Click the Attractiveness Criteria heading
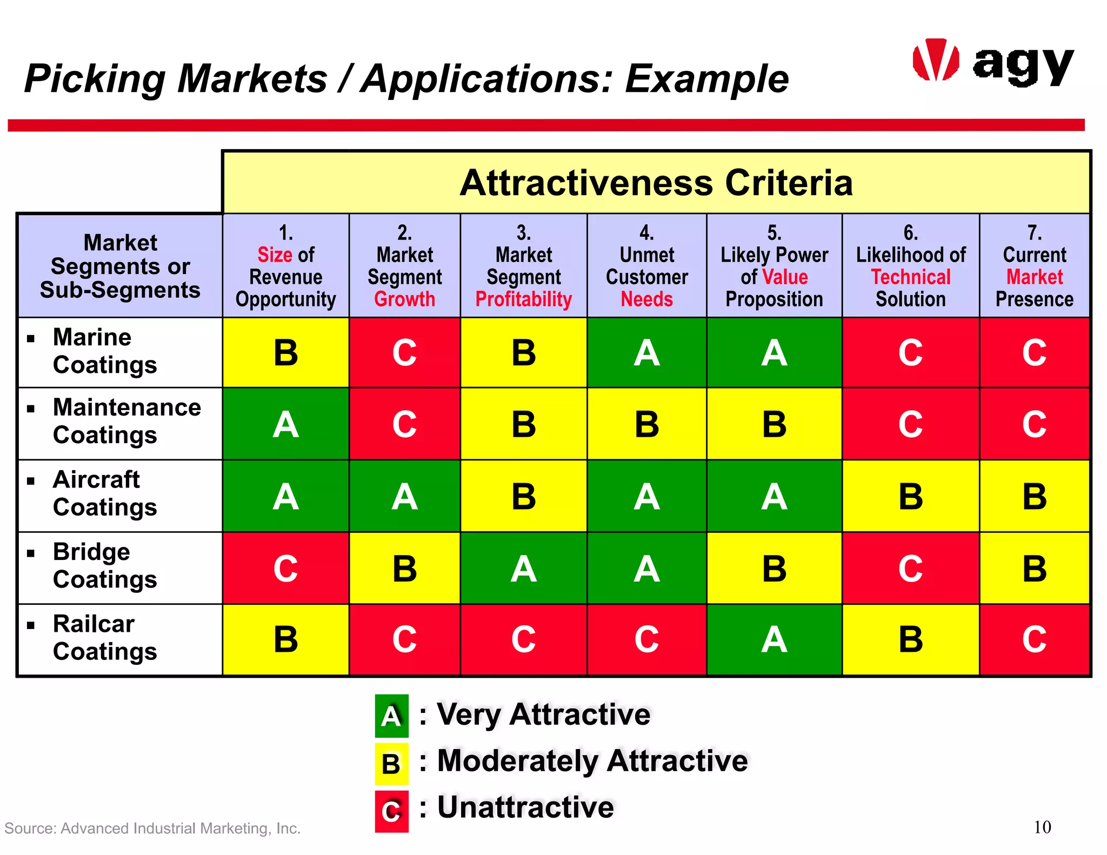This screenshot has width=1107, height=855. click(656, 183)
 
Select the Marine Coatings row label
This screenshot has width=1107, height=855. click(105, 351)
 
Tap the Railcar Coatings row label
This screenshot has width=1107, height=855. click(105, 638)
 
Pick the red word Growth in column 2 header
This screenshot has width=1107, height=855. click(404, 299)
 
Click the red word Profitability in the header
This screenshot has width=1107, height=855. click(523, 299)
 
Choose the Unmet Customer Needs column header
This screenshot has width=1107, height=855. click(646, 266)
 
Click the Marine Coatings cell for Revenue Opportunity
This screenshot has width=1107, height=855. click(285, 352)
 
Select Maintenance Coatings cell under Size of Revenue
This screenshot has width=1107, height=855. click(285, 424)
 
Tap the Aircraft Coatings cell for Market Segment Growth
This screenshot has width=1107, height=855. click(404, 496)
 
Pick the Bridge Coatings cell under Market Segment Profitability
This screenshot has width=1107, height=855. click(523, 569)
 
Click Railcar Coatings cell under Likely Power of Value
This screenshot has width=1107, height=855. click(774, 639)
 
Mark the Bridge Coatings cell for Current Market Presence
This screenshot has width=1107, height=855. click(1034, 569)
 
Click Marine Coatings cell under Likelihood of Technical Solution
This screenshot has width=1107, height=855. click(910, 352)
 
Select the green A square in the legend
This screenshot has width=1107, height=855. click(391, 716)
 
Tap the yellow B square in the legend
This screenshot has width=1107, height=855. click(391, 764)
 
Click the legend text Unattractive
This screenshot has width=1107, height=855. click(525, 807)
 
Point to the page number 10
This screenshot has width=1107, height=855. click(1042, 827)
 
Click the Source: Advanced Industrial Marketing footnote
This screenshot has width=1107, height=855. click(152, 829)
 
